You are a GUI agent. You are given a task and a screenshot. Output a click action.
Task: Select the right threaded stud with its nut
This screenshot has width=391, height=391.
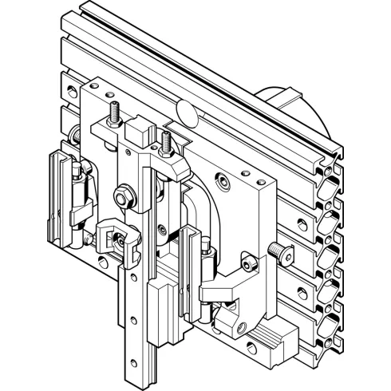[x=167, y=144]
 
